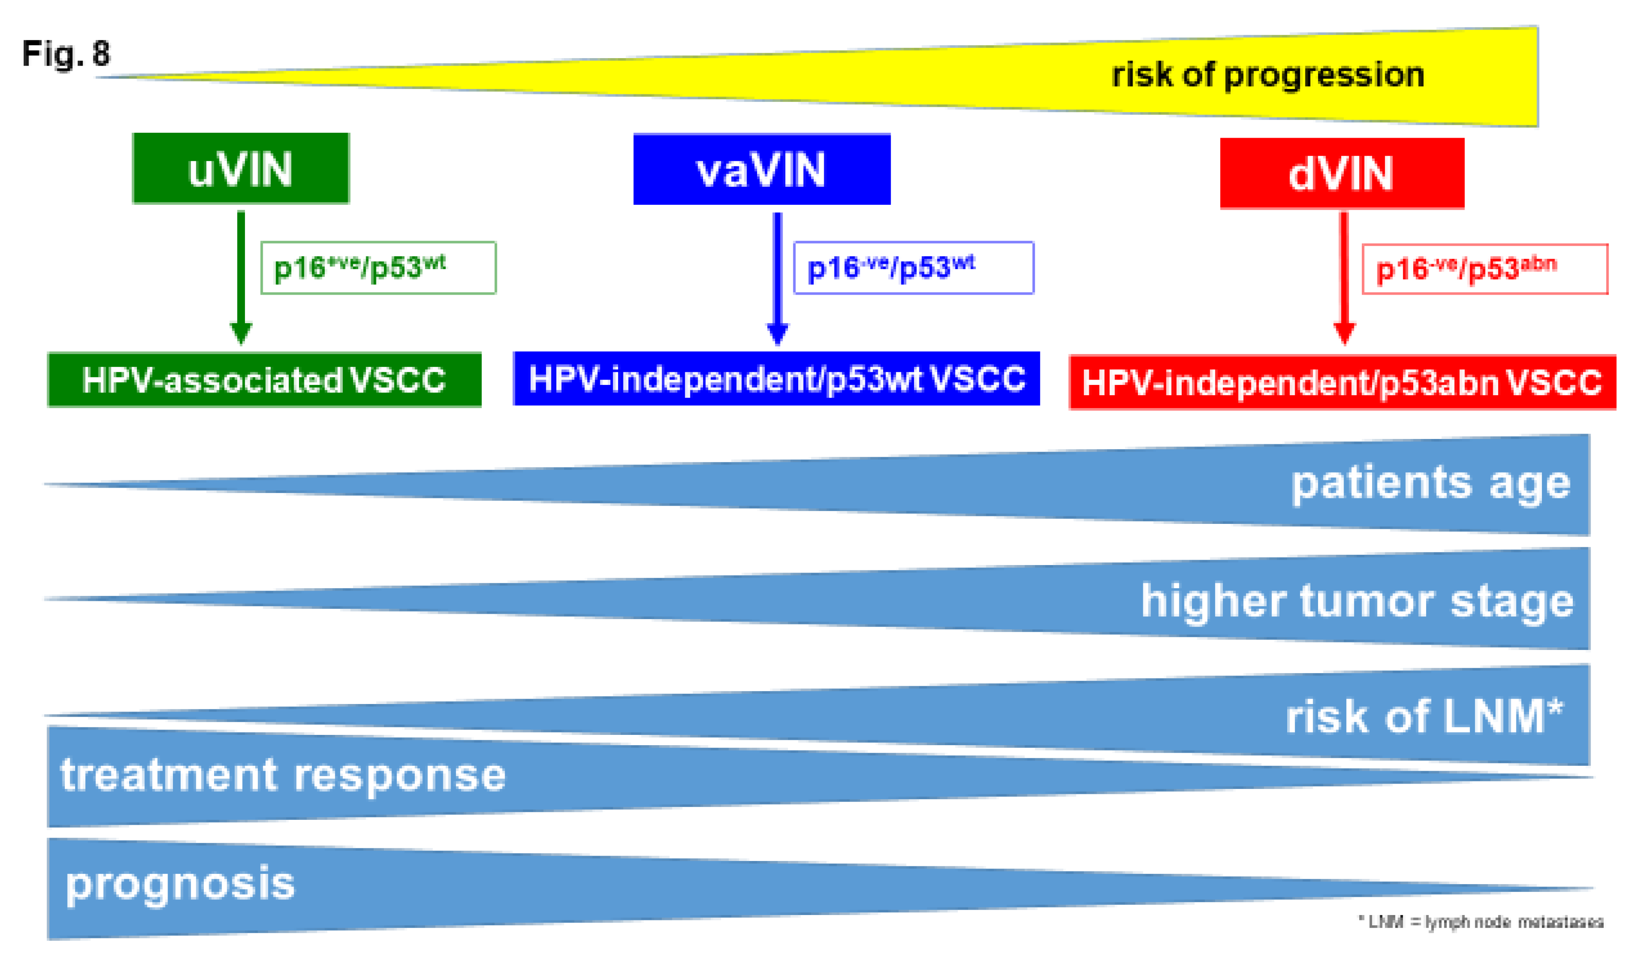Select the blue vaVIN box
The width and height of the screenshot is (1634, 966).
click(x=762, y=170)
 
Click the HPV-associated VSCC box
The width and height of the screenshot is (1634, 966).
click(x=264, y=380)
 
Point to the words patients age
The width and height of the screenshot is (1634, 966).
click(x=1430, y=484)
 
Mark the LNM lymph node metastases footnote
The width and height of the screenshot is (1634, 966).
click(x=1480, y=922)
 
